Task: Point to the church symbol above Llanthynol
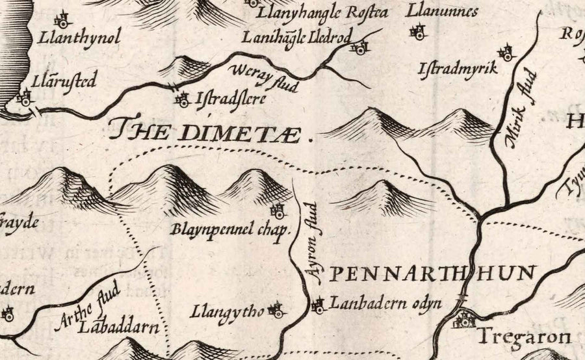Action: (63, 18)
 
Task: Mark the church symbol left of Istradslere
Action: (183, 100)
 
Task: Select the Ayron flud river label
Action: (312, 244)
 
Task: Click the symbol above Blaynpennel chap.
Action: (278, 211)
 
